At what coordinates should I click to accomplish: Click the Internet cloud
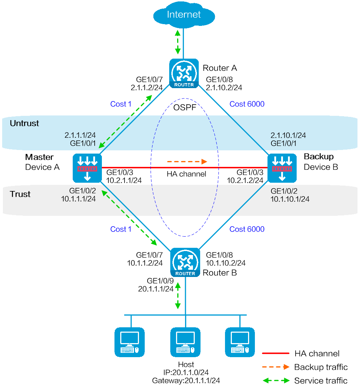click(x=184, y=15)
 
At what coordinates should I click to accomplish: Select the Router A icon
click(x=184, y=73)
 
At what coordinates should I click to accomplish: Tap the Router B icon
click(x=185, y=262)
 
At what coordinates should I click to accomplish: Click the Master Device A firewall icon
click(x=87, y=168)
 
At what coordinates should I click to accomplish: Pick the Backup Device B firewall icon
click(x=282, y=168)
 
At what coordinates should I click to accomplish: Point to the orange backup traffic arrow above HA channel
click(x=187, y=161)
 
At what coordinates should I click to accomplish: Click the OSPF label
click(x=185, y=108)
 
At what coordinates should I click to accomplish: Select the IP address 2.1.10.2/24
click(x=224, y=88)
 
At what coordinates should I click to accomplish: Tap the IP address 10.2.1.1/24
click(x=124, y=181)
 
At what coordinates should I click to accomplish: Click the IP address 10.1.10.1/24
click(x=290, y=199)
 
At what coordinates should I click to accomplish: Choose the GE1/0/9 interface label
click(x=160, y=281)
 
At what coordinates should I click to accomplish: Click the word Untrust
click(x=24, y=123)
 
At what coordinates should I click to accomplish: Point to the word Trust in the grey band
click(x=20, y=194)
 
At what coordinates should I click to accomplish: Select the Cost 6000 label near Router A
click(x=247, y=104)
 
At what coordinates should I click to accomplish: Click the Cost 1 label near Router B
click(x=121, y=229)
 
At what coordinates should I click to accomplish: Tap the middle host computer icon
click(x=185, y=342)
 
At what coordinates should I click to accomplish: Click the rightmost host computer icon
click(x=240, y=342)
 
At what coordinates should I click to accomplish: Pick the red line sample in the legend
click(x=275, y=354)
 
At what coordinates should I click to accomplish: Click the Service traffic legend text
click(x=321, y=381)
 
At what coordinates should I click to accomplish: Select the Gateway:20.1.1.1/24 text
click(x=186, y=381)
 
